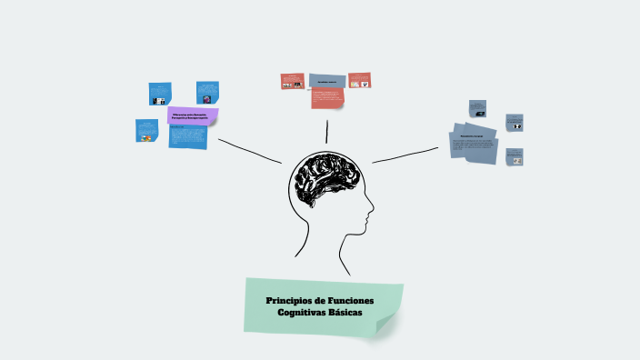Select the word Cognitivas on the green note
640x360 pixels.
coord(303,313)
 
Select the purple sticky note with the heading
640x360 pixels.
coord(193,115)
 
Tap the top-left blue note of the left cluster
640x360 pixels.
coord(160,94)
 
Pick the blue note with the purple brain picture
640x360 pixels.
coord(207,93)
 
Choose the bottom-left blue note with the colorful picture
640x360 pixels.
coord(146,131)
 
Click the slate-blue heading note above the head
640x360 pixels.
coord(326,82)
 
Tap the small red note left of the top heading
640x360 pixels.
coord(292,81)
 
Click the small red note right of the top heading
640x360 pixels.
coord(359,80)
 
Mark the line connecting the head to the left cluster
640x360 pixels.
coord(249,151)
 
